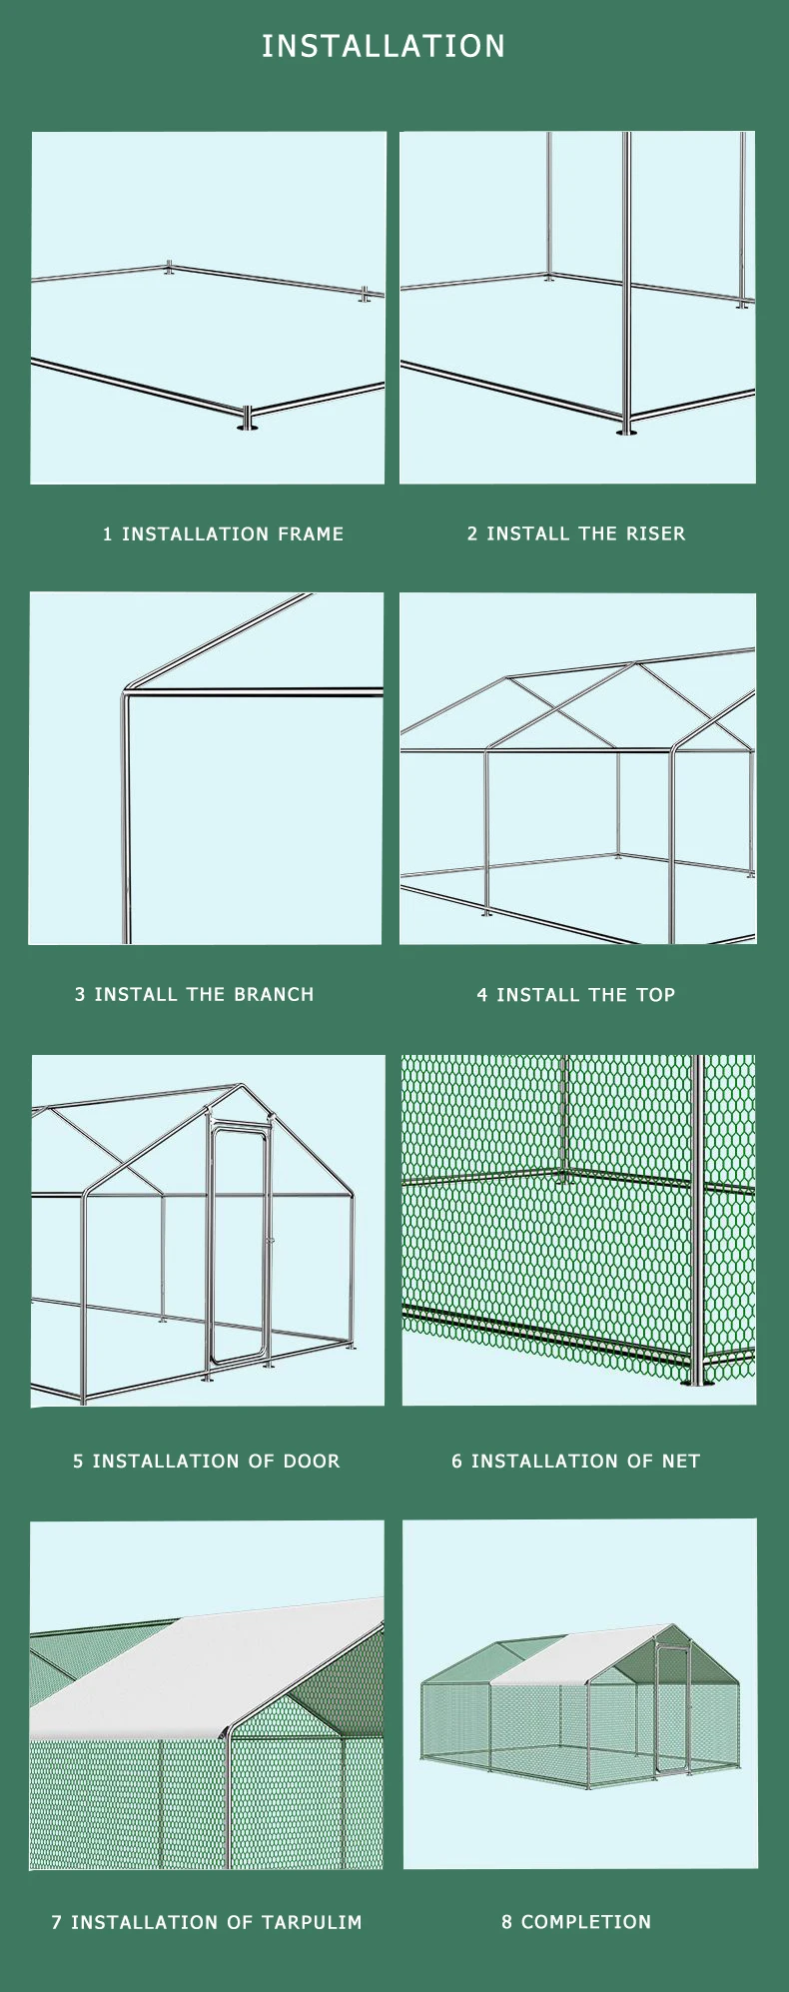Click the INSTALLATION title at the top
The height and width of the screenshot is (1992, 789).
pos(384,46)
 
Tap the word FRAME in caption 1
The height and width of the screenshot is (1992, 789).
pos(311,534)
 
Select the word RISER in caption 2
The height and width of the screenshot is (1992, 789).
pos(655,533)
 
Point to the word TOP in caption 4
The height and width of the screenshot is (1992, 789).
pos(655,995)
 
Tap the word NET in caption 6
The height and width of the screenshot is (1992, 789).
pos(680,1462)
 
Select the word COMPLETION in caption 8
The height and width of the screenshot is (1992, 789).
pos(585,1922)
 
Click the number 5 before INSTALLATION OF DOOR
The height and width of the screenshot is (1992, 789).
pos(78,1462)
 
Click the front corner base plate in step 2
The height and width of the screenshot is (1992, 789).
pos(626,431)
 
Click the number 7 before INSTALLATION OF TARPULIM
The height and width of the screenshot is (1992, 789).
pos(57,1922)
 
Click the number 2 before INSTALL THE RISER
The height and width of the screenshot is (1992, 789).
pos(472,533)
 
